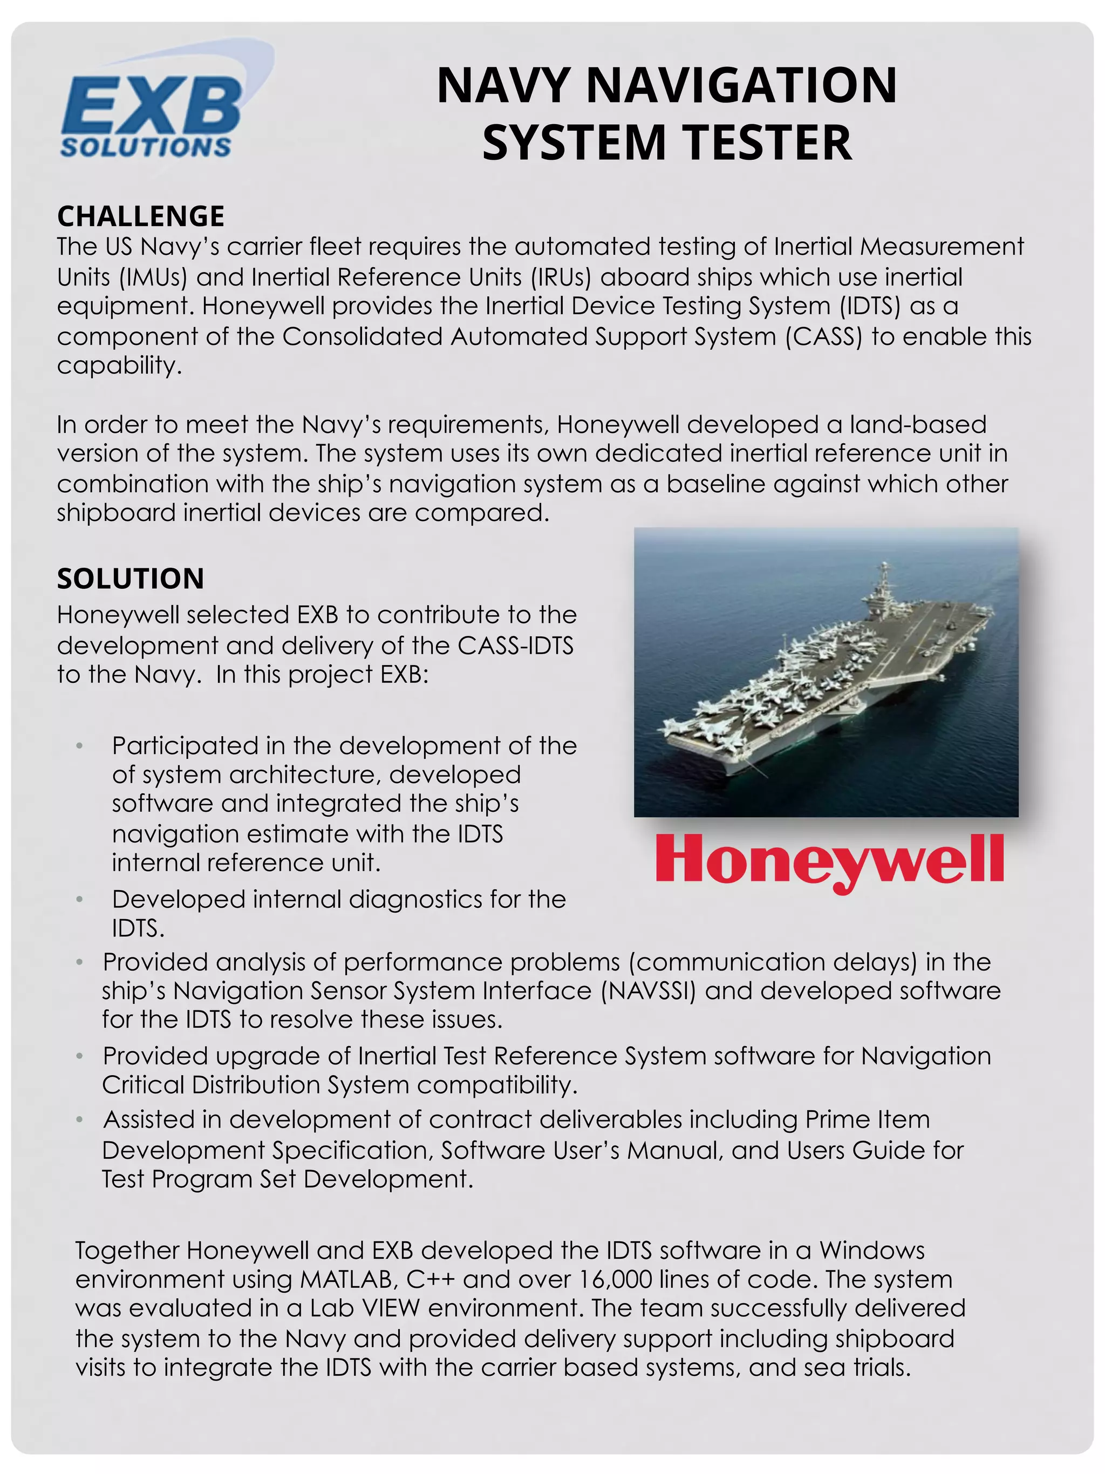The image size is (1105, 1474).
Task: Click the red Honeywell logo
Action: tap(829, 860)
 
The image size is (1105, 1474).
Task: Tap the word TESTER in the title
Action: tap(767, 142)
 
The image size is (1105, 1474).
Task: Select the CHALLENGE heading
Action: tap(140, 216)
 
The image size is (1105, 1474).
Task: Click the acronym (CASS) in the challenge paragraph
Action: tap(823, 336)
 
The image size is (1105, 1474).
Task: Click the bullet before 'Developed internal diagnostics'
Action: tap(79, 900)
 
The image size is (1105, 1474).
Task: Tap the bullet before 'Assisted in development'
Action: tap(79, 1119)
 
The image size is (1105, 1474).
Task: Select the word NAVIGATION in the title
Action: tap(741, 85)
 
